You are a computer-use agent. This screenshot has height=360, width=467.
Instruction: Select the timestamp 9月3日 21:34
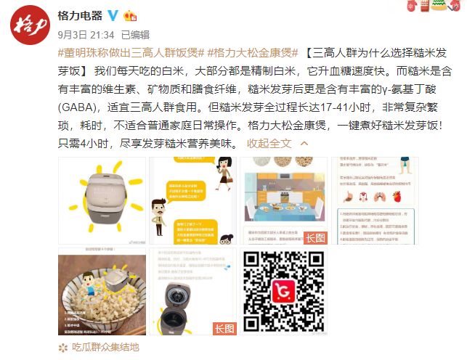coord(86,33)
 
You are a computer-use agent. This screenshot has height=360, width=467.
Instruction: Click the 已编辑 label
coord(135,33)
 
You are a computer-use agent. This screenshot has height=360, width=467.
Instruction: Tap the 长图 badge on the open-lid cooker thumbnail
coord(225,329)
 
